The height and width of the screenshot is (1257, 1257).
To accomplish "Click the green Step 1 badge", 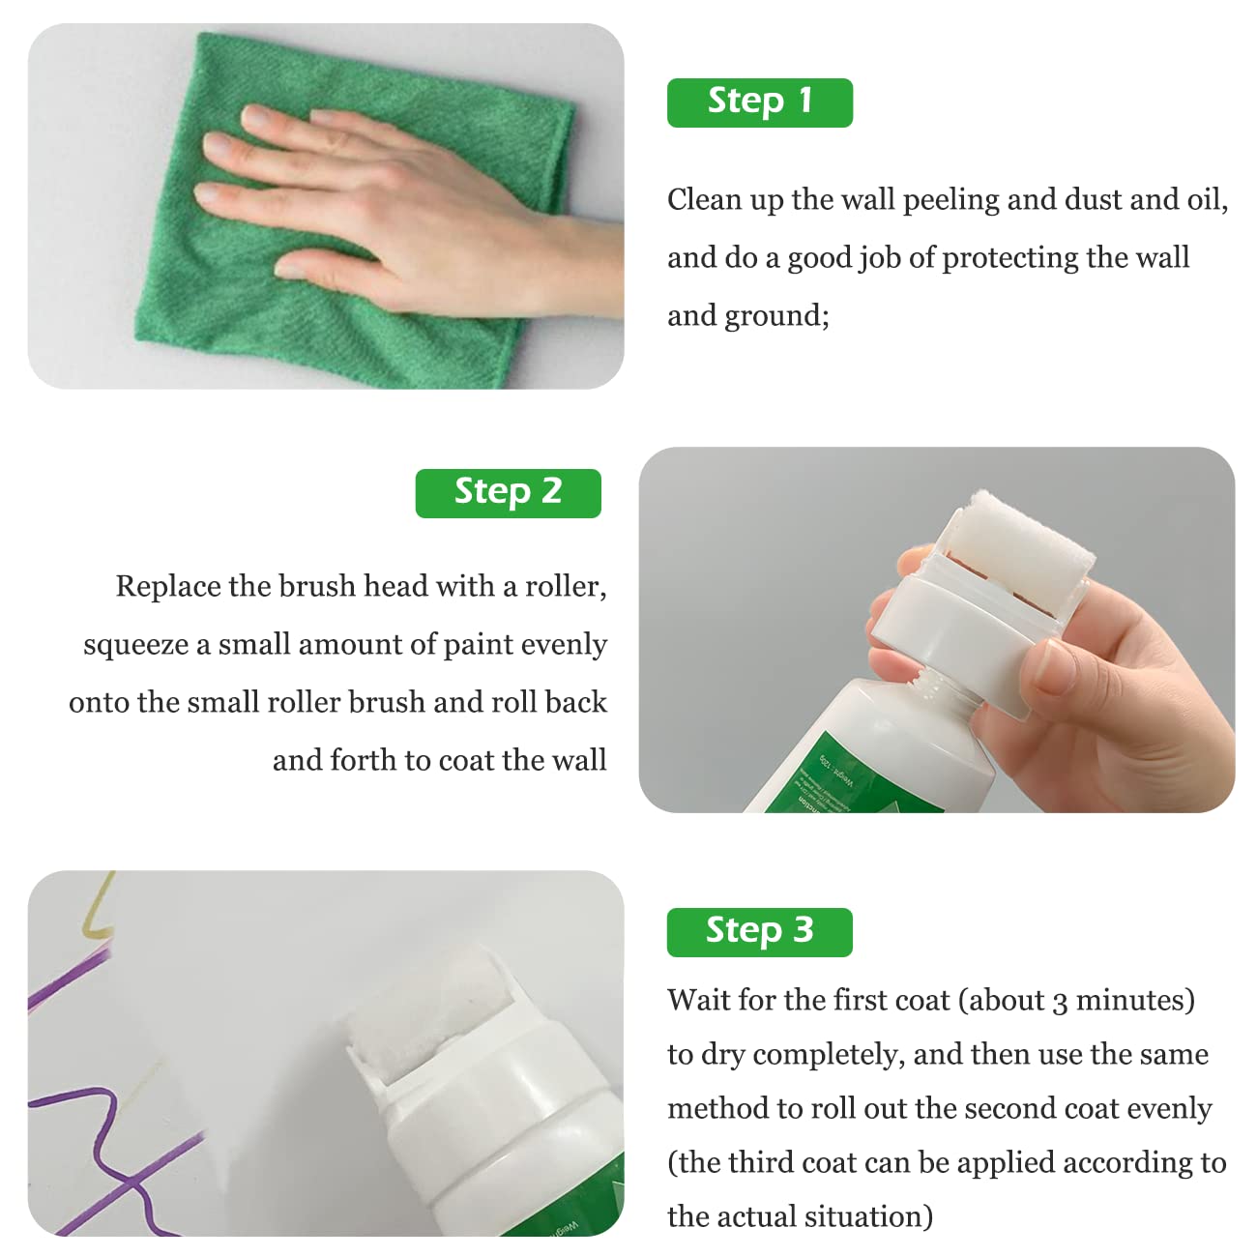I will [759, 102].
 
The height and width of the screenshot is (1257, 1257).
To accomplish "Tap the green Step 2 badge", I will [508, 493].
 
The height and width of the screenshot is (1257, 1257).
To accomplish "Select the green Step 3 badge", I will [759, 932].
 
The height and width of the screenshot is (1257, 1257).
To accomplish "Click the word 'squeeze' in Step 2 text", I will [135, 645].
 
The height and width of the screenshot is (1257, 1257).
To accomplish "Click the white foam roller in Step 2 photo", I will [1025, 541].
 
